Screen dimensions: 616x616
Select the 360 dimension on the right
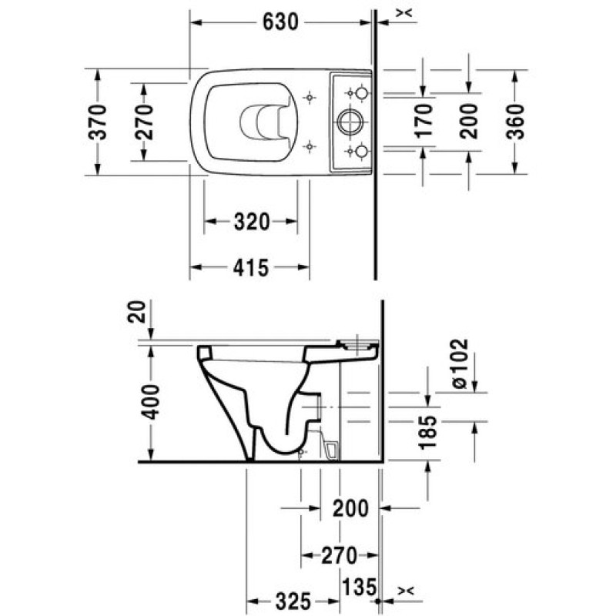[514, 121]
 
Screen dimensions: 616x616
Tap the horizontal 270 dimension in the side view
[340, 554]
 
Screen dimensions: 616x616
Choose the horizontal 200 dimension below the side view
[351, 508]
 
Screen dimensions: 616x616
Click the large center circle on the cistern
[350, 122]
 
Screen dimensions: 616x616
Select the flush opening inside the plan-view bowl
[262, 122]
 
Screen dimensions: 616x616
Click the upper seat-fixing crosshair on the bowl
[310, 98]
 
